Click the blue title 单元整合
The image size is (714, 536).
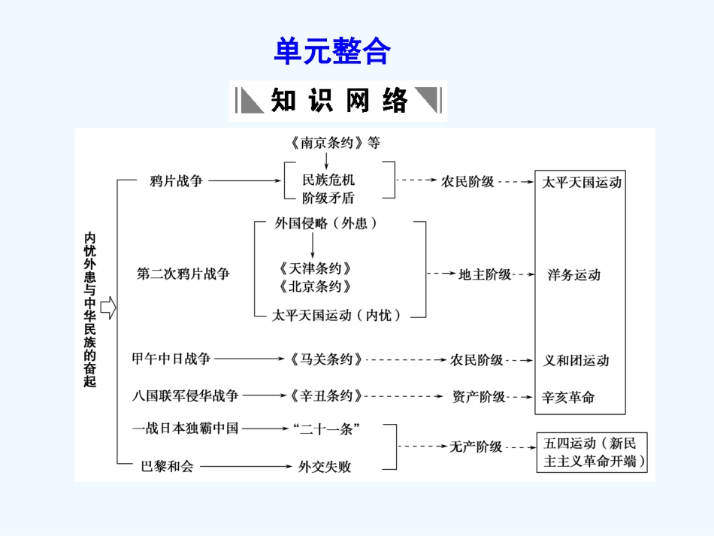(x=331, y=52)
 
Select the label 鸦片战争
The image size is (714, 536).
(x=177, y=180)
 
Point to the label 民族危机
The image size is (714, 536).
(x=328, y=180)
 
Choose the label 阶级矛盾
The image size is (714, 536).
(x=328, y=198)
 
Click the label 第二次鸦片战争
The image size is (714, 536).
(x=183, y=274)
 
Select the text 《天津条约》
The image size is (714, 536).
(x=313, y=268)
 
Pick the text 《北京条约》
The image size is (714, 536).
(x=313, y=286)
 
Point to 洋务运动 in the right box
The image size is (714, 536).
(x=574, y=274)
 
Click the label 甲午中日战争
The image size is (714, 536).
(x=171, y=359)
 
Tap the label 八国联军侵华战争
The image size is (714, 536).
(x=185, y=395)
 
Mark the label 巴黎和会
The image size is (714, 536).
(x=168, y=466)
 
